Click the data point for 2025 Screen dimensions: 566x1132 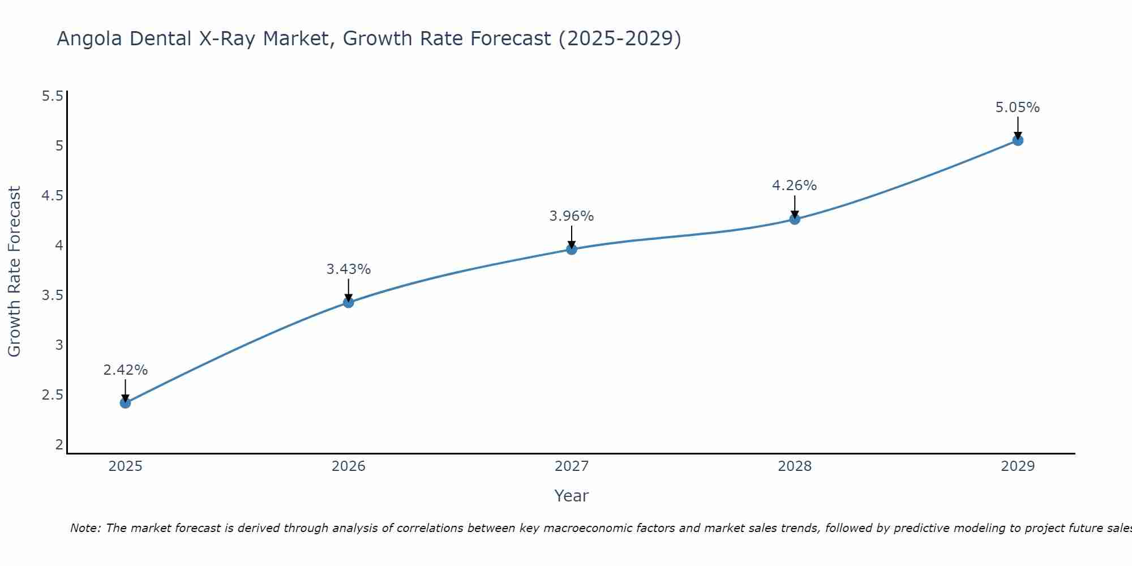125,403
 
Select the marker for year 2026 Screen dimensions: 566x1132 348,303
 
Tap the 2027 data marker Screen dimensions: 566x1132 572,249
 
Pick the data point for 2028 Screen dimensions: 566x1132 795,219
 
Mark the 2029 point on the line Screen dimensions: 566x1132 1018,140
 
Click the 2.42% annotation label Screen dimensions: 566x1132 125,370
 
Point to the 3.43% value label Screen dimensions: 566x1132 348,269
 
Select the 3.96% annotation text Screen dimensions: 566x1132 572,216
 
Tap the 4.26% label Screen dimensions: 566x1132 795,186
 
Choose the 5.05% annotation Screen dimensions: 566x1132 1018,108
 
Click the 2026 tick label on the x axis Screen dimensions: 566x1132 348,466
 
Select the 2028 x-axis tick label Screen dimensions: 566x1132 795,466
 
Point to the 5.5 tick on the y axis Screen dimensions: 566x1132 52,96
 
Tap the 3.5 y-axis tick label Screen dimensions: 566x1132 52,295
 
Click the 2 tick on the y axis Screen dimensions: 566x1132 59,445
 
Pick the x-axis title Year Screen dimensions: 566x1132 572,496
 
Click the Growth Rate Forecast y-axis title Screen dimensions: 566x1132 14,272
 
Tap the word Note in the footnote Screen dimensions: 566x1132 85,528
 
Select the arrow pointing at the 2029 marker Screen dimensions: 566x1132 1018,127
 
